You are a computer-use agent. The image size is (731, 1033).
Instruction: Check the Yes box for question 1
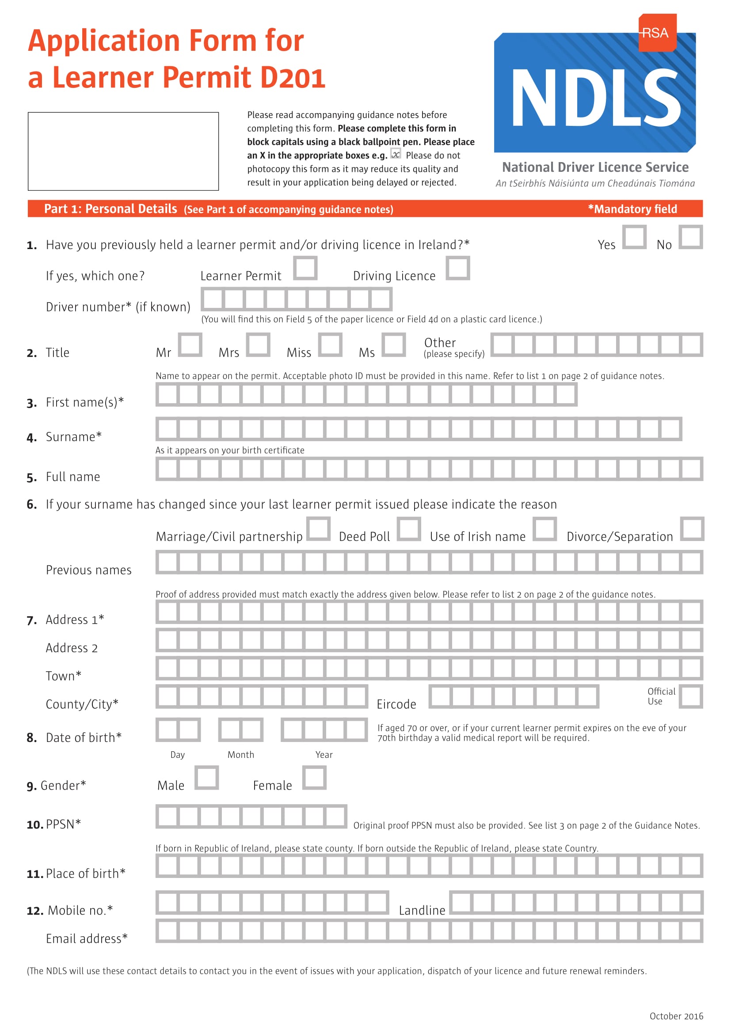(x=634, y=237)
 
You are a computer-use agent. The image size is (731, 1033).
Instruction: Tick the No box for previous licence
(x=690, y=237)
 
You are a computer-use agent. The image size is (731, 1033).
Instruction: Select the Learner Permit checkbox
(x=305, y=268)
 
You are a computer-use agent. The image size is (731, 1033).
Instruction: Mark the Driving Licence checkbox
(x=458, y=268)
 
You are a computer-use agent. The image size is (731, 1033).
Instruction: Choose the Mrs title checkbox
(x=258, y=344)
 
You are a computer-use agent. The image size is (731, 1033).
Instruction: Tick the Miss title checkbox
(x=330, y=344)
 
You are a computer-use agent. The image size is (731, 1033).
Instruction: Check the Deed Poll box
(x=409, y=529)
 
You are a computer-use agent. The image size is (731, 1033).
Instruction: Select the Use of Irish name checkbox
(x=544, y=529)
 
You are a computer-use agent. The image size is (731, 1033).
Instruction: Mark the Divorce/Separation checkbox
(x=692, y=529)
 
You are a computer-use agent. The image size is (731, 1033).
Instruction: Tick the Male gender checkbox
(x=206, y=777)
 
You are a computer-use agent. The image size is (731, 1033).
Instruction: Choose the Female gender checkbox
(x=314, y=777)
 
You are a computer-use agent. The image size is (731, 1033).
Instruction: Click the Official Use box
(x=690, y=696)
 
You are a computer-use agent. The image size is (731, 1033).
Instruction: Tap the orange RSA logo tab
(x=657, y=33)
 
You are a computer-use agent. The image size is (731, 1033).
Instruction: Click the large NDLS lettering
(x=595, y=98)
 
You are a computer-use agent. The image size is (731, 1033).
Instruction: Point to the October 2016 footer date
(x=676, y=1016)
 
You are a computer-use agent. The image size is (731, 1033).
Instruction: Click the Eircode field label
(x=396, y=704)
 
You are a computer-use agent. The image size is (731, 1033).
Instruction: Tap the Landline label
(x=422, y=911)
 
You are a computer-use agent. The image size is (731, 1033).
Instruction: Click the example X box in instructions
(x=396, y=154)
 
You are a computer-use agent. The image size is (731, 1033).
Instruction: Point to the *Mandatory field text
(x=632, y=209)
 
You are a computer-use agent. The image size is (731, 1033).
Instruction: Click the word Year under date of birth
(x=324, y=754)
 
